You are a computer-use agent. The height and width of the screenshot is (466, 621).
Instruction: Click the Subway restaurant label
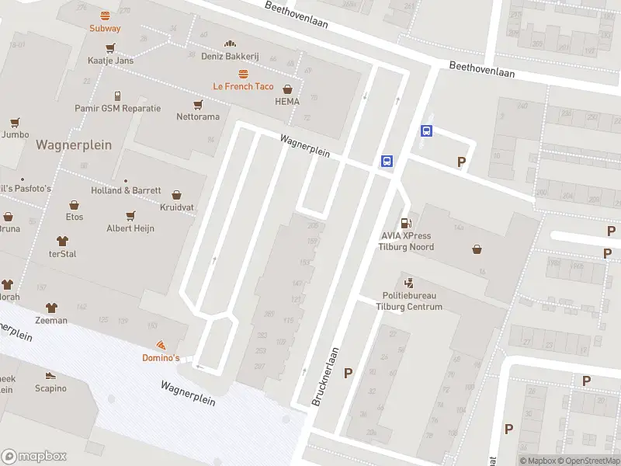pos(105,28)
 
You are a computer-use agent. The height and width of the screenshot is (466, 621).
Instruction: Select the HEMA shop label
pos(286,101)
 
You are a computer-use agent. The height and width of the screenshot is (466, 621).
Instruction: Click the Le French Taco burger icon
pos(244,74)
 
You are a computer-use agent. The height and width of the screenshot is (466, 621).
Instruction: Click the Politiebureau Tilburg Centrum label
pos(412,301)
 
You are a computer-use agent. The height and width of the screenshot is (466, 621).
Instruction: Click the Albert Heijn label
pos(130,228)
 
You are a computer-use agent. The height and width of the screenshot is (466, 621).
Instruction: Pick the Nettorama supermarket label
pos(197,116)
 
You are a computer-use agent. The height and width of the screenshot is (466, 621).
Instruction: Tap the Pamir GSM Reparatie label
pos(117,108)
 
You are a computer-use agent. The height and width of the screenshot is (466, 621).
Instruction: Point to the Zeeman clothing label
pos(51,320)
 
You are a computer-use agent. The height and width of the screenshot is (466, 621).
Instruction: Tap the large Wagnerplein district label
pos(74,144)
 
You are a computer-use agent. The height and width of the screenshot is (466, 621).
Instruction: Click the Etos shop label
pos(75,217)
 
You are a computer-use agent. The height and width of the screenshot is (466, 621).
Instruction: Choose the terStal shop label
pos(63,254)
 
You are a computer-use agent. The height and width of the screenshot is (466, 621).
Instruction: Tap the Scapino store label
pos(50,388)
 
